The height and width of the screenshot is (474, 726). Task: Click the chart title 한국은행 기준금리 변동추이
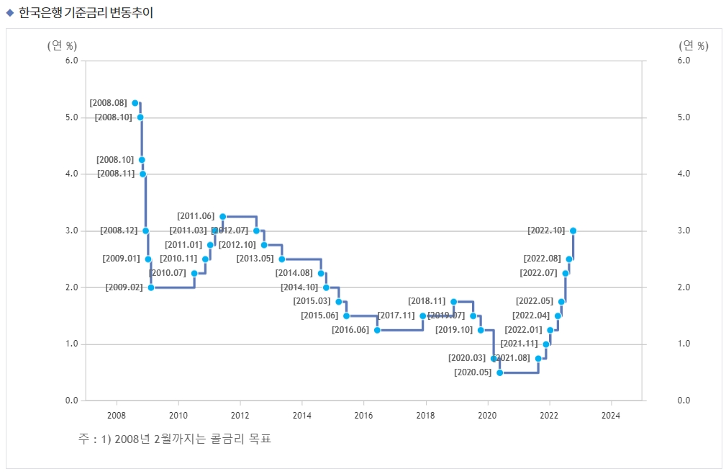(86, 12)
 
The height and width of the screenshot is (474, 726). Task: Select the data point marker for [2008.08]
(135, 103)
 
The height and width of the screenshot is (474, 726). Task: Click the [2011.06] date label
(196, 216)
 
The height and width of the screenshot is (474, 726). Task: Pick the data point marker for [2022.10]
(573, 231)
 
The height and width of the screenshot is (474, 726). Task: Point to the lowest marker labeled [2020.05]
(499, 372)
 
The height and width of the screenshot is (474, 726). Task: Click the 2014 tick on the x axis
(302, 415)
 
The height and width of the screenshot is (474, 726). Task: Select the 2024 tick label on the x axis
(610, 415)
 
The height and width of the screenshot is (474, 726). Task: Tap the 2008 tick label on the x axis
(117, 415)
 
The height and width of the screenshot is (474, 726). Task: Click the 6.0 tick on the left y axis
(71, 61)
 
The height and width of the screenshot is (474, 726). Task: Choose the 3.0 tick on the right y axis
(684, 231)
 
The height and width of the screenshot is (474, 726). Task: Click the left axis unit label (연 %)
(62, 45)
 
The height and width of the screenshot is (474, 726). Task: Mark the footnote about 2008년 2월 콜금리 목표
(176, 438)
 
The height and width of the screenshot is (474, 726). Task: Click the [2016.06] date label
(350, 330)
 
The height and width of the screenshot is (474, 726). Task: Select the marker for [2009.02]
(151, 287)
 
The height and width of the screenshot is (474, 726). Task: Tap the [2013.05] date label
(255, 259)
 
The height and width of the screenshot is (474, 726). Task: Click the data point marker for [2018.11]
(453, 301)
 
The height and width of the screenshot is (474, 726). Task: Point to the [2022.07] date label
(538, 273)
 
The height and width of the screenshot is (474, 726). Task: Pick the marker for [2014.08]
(321, 273)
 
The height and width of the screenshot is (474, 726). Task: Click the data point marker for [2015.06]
(346, 316)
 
